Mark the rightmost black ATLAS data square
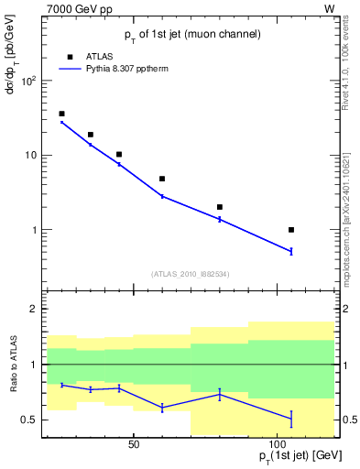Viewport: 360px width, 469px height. pos(291,230)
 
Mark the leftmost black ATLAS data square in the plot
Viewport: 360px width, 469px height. pos(61,114)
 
